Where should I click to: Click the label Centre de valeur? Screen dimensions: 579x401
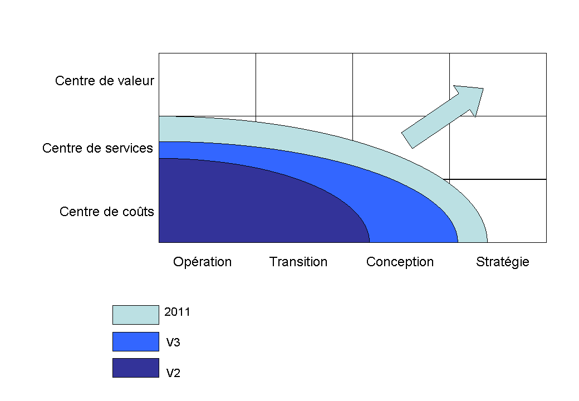click(x=104, y=81)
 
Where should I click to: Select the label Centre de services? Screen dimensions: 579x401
click(x=97, y=149)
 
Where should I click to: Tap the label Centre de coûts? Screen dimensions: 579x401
click(x=106, y=212)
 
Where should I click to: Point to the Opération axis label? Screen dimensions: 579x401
click(x=202, y=262)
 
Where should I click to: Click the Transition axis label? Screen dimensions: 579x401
click(x=298, y=262)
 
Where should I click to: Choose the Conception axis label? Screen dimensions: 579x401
click(x=400, y=262)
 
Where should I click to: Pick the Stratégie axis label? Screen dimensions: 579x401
click(x=502, y=262)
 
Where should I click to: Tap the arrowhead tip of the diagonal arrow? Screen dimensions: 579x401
click(x=482, y=89)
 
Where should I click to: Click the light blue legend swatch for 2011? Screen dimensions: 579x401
click(x=135, y=315)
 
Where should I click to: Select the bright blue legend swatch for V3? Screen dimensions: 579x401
click(x=135, y=341)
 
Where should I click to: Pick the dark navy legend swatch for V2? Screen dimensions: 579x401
click(x=135, y=368)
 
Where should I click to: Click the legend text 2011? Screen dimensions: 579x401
click(x=177, y=312)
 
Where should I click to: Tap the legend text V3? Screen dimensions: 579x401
click(x=173, y=343)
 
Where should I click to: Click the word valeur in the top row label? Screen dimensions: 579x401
click(x=136, y=81)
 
